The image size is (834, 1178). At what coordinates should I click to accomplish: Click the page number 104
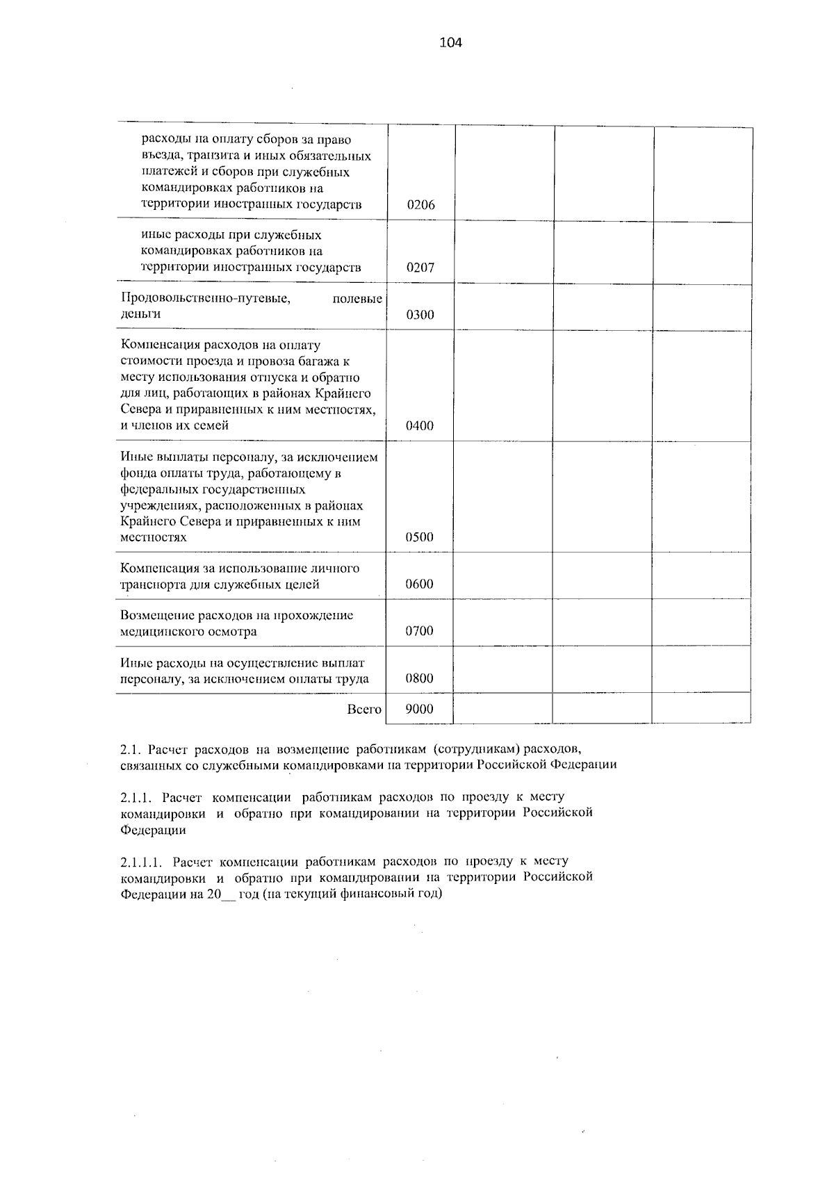point(450,43)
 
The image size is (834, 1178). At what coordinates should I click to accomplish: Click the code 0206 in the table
point(420,205)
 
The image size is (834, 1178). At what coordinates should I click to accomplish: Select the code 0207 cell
point(420,268)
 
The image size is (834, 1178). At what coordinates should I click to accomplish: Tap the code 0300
point(420,315)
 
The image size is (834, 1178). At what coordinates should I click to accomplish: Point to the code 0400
point(420,426)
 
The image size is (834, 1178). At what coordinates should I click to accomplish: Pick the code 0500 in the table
point(420,537)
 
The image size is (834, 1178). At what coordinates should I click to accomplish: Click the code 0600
point(420,584)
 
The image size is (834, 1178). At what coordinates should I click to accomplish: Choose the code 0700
point(420,631)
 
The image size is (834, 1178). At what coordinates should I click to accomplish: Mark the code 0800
point(420,678)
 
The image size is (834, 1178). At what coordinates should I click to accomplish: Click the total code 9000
point(420,709)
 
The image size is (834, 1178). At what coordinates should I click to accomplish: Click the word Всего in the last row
point(364,710)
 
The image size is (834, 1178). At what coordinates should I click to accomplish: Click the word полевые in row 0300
point(357,299)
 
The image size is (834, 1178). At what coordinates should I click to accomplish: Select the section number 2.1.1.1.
point(142,862)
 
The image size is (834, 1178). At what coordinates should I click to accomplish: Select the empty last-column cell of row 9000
point(701,709)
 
